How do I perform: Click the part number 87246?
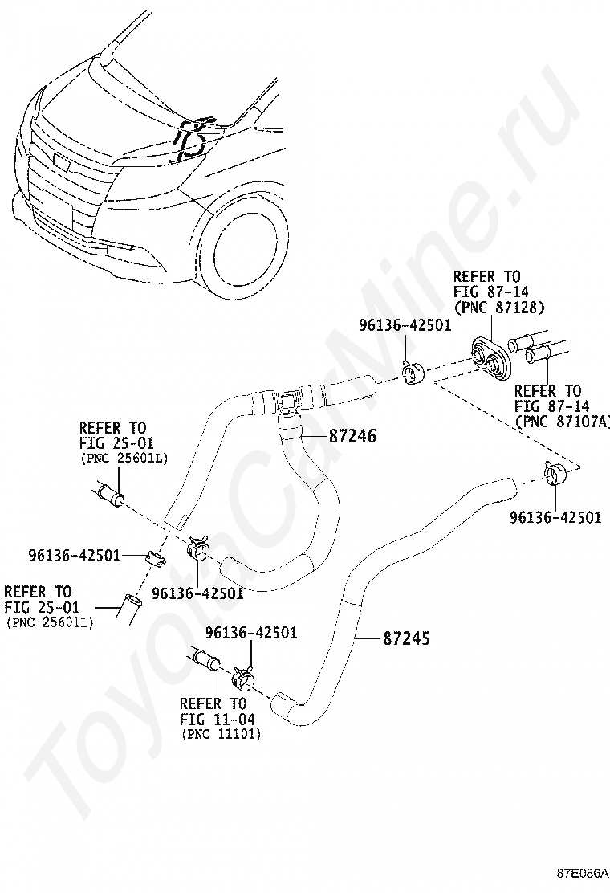coord(352,437)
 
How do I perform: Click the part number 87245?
coord(407,639)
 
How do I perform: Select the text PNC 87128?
coord(499,307)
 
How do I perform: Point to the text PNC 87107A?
coord(563,421)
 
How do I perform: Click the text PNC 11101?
coord(221,734)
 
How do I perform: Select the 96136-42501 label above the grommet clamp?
coord(405,325)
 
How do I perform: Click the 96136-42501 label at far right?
coord(555,518)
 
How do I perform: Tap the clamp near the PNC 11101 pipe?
coord(242,679)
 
